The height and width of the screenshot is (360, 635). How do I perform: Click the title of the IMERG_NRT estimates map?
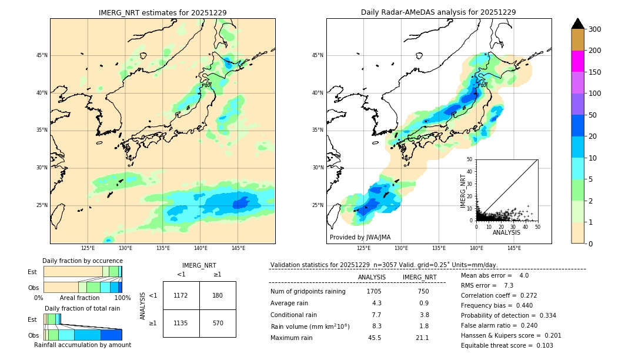click(162, 12)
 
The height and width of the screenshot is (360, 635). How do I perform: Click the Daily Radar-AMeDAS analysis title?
click(438, 12)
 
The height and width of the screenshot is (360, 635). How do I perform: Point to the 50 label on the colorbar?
click(592, 115)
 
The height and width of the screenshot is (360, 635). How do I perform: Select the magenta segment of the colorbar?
click(577, 61)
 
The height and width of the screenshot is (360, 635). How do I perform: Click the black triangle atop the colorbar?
click(577, 24)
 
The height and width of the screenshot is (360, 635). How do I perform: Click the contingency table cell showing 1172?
click(181, 295)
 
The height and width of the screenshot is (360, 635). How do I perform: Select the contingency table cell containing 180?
click(218, 295)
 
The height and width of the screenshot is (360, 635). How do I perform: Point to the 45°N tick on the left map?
click(42, 55)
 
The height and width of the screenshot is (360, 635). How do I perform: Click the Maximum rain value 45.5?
click(375, 338)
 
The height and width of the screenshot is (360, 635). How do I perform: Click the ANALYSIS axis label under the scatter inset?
click(506, 232)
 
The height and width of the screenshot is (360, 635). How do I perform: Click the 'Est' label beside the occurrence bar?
click(32, 272)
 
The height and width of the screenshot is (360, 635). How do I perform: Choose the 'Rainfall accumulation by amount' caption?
click(82, 345)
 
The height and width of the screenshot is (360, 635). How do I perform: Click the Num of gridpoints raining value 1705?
click(374, 291)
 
